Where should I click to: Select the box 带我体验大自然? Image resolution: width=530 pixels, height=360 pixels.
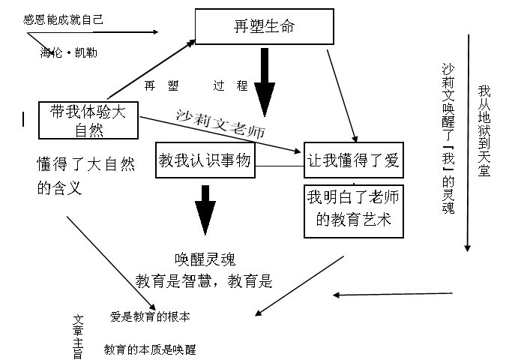[x=88, y=120]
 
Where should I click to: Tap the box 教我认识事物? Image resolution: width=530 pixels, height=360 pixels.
[x=203, y=160]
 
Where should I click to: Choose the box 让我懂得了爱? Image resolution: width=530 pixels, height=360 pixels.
[x=353, y=160]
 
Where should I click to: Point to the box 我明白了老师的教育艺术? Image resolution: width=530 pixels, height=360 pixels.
[x=353, y=209]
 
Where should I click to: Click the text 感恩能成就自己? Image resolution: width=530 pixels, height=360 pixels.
[x=64, y=19]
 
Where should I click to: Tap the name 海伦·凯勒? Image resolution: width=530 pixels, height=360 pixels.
[x=68, y=52]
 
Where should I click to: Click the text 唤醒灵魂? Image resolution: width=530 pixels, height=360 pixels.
[x=205, y=259]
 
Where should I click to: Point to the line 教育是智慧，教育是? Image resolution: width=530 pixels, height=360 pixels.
[x=203, y=281]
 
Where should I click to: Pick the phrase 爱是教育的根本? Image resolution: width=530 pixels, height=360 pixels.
[x=150, y=317]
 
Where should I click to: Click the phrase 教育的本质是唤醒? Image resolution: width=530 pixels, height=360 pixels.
[x=150, y=349]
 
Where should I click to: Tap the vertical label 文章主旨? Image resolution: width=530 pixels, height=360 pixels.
[x=78, y=334]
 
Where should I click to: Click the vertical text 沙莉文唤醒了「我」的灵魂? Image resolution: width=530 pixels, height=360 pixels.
[x=448, y=139]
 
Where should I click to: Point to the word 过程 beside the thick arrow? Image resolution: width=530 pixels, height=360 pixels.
[x=230, y=85]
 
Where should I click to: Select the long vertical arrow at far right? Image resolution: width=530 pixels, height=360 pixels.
[x=469, y=142]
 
